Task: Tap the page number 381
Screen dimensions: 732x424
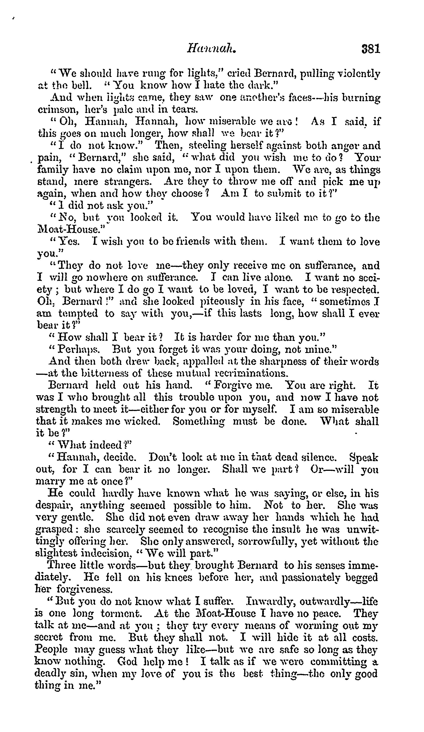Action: click(370, 49)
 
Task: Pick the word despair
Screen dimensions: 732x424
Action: click(53, 506)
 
